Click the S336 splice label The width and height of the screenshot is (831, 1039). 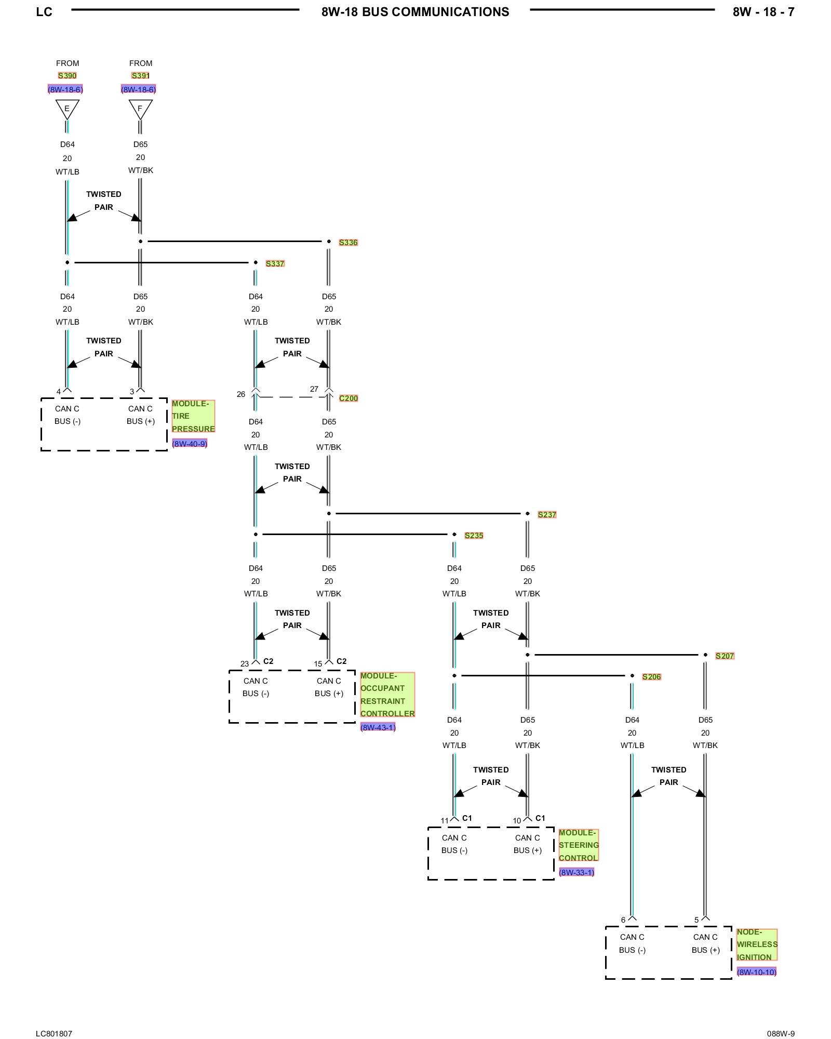coord(348,243)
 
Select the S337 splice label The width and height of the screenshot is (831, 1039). coord(275,264)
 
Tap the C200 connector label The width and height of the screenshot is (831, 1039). coord(349,398)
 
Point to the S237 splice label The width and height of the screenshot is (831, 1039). coord(547,515)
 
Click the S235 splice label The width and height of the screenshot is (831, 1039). coord(474,536)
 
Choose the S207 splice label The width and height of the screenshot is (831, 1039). coord(725,656)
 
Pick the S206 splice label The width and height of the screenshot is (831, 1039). coord(651,677)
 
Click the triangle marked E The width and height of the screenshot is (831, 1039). coord(67,109)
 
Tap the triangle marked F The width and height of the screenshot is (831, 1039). coord(140,109)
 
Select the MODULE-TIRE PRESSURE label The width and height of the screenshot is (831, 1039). coord(193,416)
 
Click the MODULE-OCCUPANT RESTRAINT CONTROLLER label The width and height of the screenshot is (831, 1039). coord(387,695)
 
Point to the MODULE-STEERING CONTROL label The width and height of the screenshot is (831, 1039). coord(578,845)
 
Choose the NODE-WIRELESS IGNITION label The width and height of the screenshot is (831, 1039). coord(756,944)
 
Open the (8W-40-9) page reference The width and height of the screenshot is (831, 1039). coord(190,444)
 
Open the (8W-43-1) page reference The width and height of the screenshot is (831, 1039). coord(378,727)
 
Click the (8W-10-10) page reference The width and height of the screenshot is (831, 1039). coord(756,972)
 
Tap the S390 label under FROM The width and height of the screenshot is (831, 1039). coord(67,76)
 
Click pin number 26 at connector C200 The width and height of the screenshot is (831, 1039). coord(241,394)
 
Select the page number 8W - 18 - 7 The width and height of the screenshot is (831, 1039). coord(763,12)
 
